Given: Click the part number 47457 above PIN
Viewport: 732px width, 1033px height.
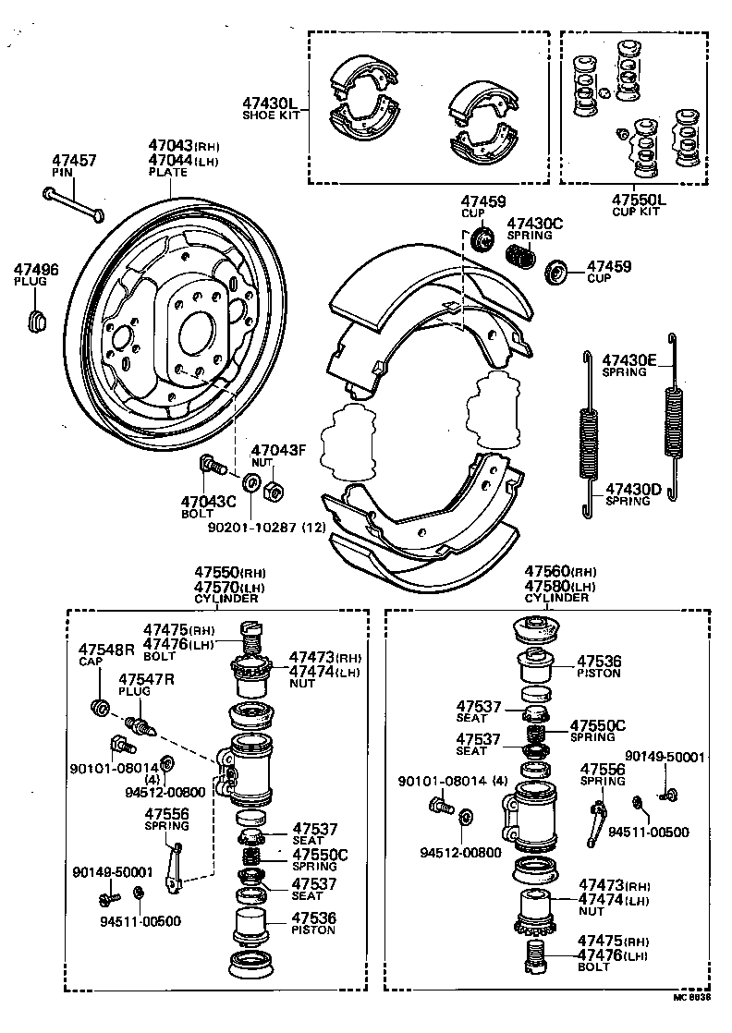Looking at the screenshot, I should click(73, 161).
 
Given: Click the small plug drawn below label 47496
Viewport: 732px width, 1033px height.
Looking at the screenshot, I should click(36, 321).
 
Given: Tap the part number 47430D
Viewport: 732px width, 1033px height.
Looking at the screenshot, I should click(633, 489).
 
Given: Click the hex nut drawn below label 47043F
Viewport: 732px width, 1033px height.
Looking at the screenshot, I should click(274, 491).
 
